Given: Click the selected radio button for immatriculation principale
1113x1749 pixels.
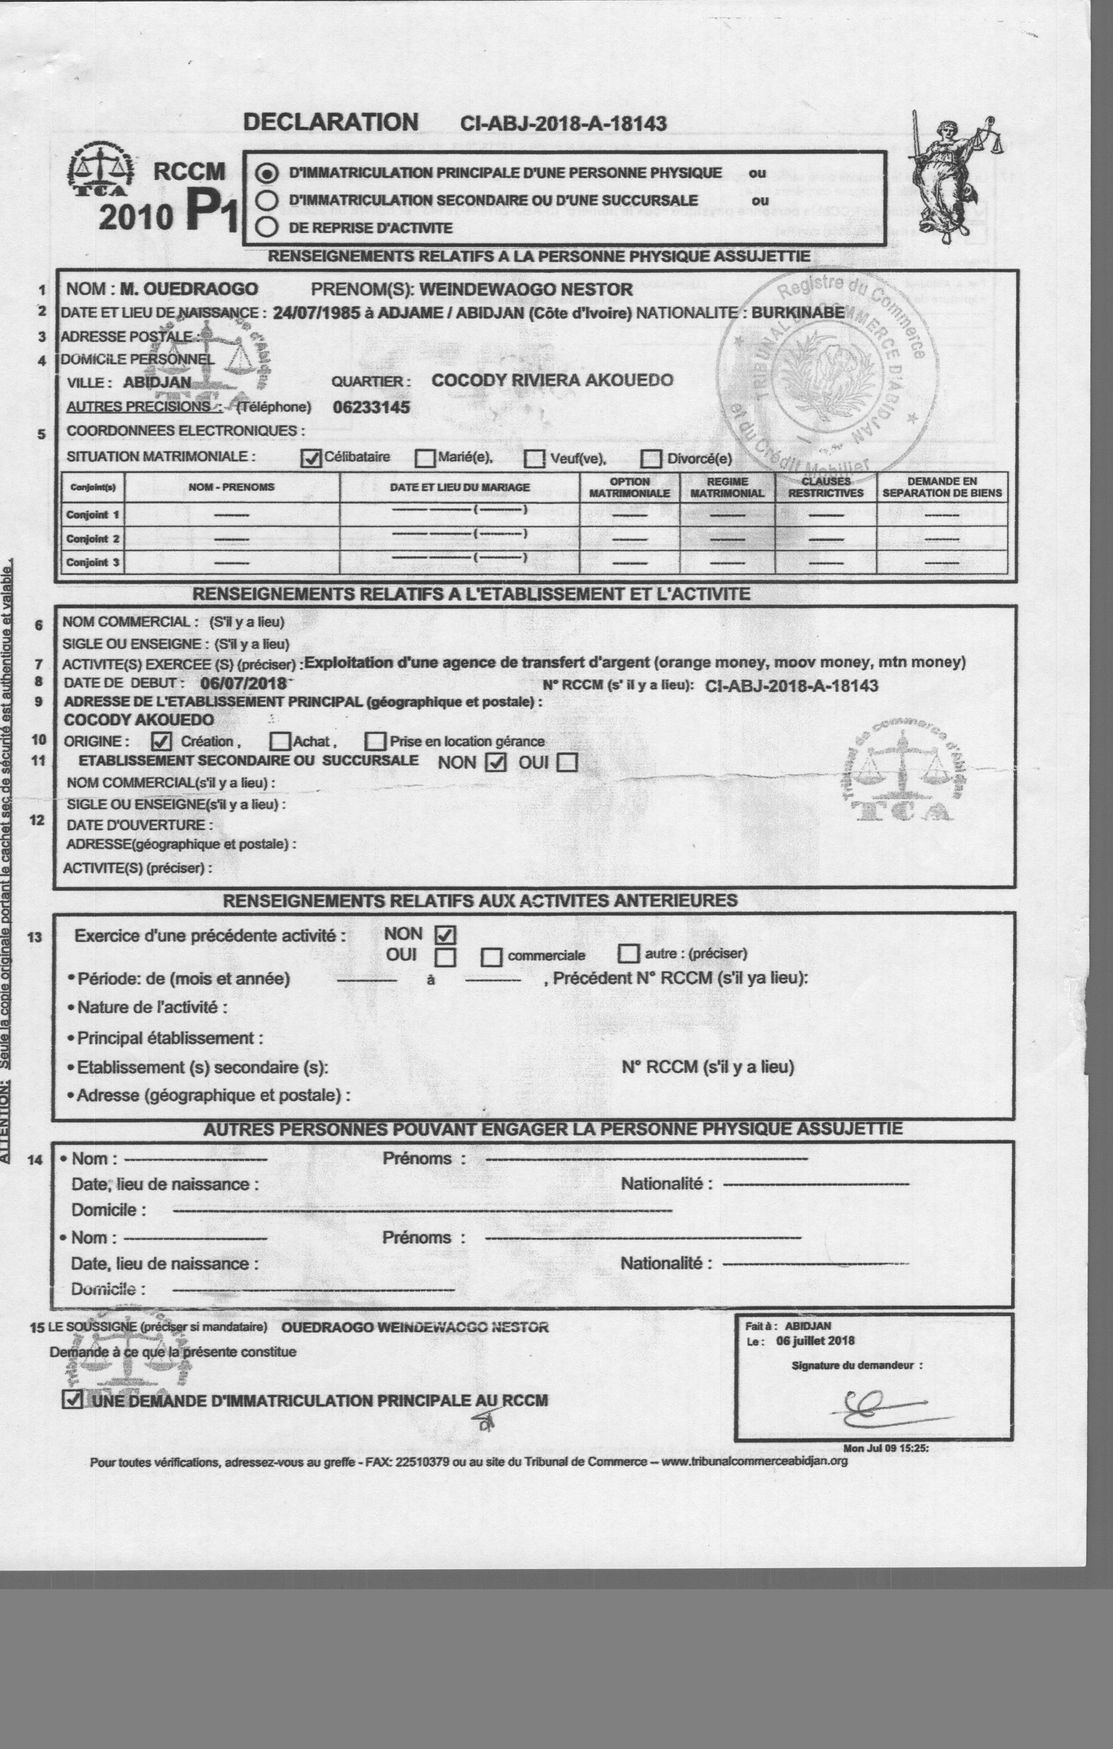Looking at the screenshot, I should click(268, 174).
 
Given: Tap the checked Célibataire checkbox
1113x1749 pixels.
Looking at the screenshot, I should click(311, 458).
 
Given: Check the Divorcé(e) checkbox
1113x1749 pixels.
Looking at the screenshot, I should click(651, 459).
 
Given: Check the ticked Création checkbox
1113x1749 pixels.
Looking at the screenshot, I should click(161, 741).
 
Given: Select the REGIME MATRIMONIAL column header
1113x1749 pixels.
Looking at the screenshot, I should click(727, 487).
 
